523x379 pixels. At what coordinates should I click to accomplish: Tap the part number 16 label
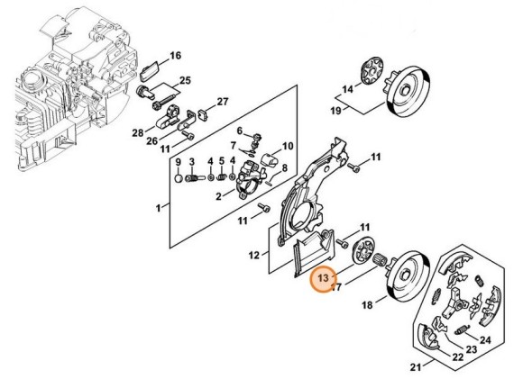(x=175, y=56)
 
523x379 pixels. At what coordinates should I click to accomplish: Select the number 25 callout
(x=185, y=82)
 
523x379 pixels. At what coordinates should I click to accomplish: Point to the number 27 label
(x=223, y=101)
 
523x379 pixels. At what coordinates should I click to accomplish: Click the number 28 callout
(x=138, y=133)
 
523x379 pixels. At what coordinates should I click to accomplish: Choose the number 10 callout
(x=289, y=146)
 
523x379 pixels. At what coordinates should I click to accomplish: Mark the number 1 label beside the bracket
(x=160, y=208)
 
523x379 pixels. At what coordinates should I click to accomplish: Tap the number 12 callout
(x=254, y=255)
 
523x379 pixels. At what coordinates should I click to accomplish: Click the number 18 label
(x=368, y=306)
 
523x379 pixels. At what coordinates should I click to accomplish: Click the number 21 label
(x=416, y=367)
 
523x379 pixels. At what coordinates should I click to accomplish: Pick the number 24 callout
(x=485, y=339)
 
